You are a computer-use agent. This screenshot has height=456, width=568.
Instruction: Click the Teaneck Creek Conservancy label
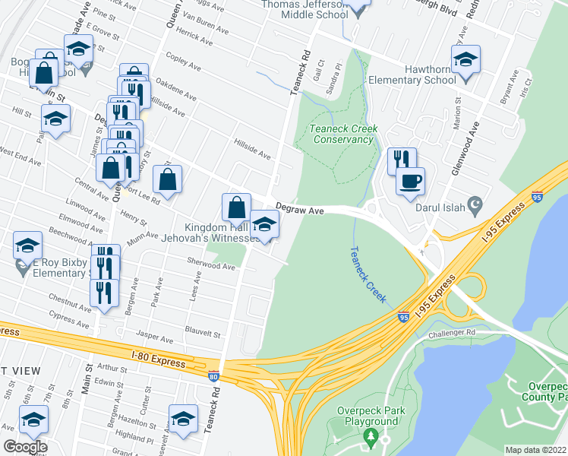[x=343, y=134]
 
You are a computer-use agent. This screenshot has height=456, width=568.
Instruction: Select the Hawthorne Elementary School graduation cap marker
[x=465, y=60]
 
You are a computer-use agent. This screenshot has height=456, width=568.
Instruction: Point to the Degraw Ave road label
[x=300, y=207]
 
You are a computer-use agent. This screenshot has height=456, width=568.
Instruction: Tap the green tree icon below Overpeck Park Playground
[x=371, y=436]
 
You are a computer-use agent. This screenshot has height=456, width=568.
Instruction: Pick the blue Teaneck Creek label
[x=364, y=265]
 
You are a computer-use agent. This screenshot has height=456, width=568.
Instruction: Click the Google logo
[x=25, y=446]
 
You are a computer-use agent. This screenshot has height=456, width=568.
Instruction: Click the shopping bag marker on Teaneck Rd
[x=236, y=207]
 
